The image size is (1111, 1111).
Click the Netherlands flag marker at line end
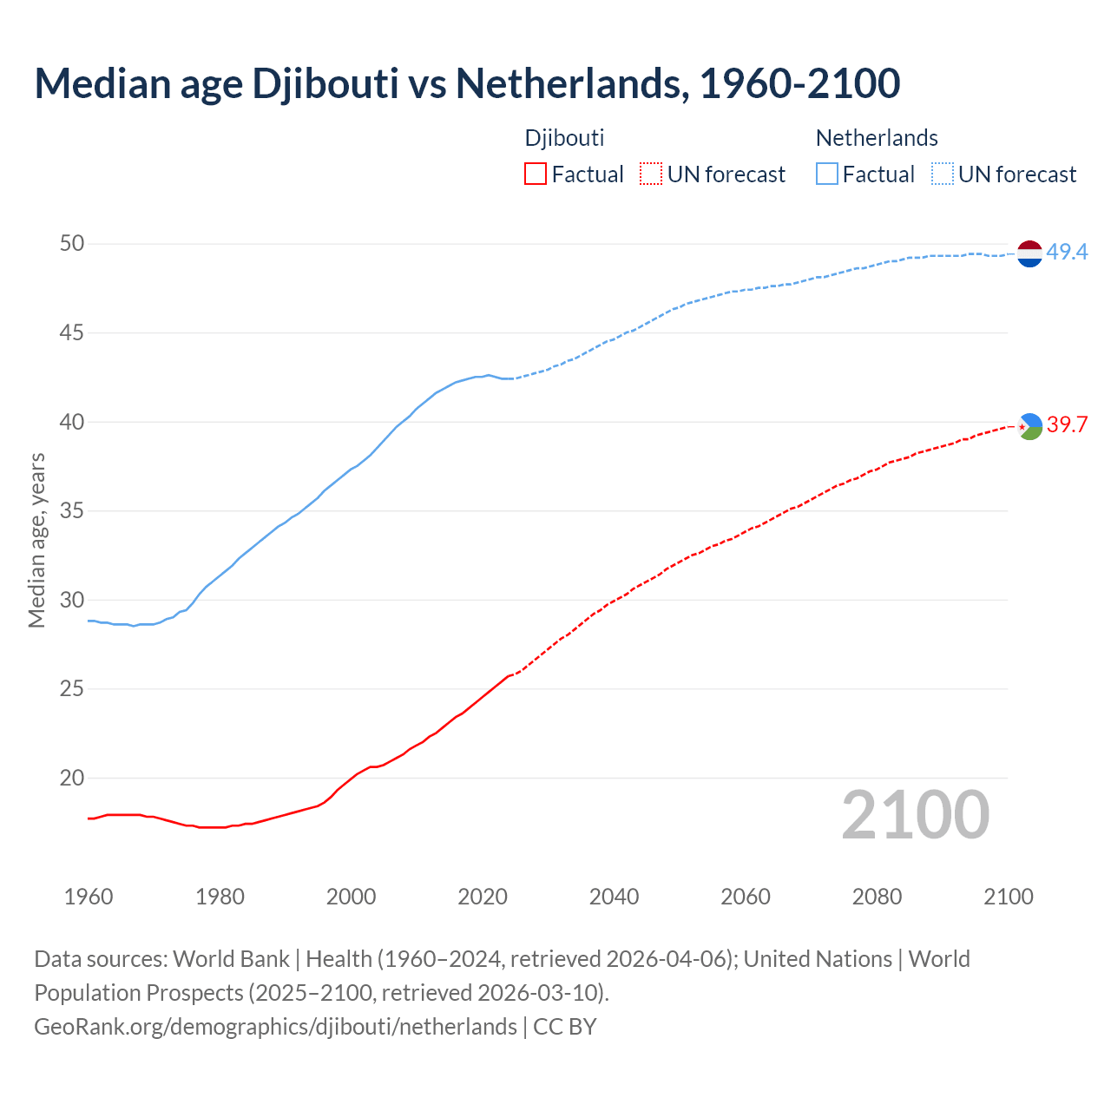point(1029,253)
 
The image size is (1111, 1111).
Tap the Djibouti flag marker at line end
point(1029,425)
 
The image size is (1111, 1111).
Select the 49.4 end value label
point(1067,253)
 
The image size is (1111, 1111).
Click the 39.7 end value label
point(1067,424)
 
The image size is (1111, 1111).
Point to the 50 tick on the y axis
point(71,244)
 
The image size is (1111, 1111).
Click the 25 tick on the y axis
point(71,689)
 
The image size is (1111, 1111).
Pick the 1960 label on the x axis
point(89,897)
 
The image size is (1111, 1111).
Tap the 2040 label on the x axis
point(614,897)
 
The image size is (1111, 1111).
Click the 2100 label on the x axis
point(1008,897)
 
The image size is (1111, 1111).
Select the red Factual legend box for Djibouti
point(536,174)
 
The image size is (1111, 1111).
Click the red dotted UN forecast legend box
point(651,174)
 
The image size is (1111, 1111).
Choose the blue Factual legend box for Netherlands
point(827,174)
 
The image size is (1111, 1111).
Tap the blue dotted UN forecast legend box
point(943,174)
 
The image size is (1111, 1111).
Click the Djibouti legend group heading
point(564,138)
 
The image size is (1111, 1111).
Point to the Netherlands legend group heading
point(877,138)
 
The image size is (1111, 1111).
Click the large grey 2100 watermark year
point(915,814)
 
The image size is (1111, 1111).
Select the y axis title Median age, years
point(36,540)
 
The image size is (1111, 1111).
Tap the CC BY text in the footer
point(565,1027)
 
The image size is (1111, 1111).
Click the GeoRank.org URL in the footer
point(275,1027)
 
